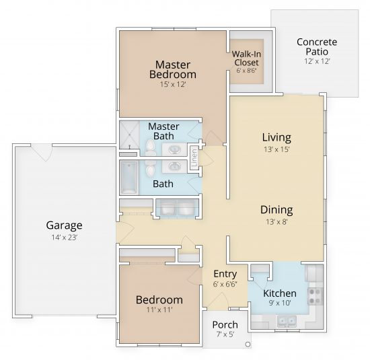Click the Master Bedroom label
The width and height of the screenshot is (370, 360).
(x=172, y=69)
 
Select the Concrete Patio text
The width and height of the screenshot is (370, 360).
(x=316, y=46)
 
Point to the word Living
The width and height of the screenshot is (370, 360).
(x=276, y=137)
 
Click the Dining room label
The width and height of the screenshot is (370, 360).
(x=276, y=209)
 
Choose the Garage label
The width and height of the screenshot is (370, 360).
(x=64, y=225)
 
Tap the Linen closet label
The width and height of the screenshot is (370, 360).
(x=194, y=159)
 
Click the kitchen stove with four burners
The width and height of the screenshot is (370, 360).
(x=316, y=293)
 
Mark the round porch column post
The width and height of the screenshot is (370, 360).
(x=248, y=345)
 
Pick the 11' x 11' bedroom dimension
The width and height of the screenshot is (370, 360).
(x=159, y=311)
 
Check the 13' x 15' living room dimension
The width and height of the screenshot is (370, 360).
(x=276, y=149)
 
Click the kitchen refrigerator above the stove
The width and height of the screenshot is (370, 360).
(x=314, y=273)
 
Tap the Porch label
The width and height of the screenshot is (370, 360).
(x=224, y=325)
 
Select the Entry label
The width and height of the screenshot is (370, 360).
(x=224, y=274)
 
